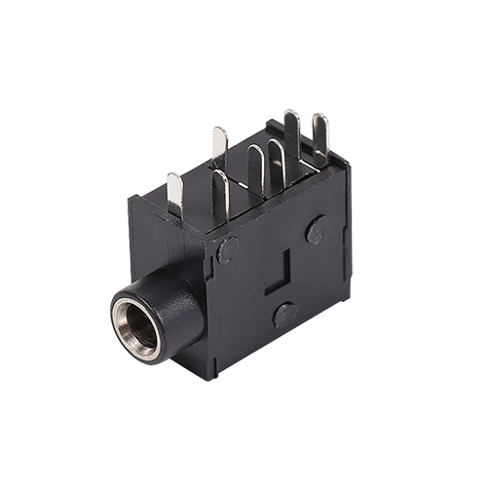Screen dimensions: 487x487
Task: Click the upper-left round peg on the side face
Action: (228, 249)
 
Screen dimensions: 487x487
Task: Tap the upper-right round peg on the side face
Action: (318, 230)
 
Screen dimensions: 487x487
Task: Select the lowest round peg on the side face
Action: (284, 314)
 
